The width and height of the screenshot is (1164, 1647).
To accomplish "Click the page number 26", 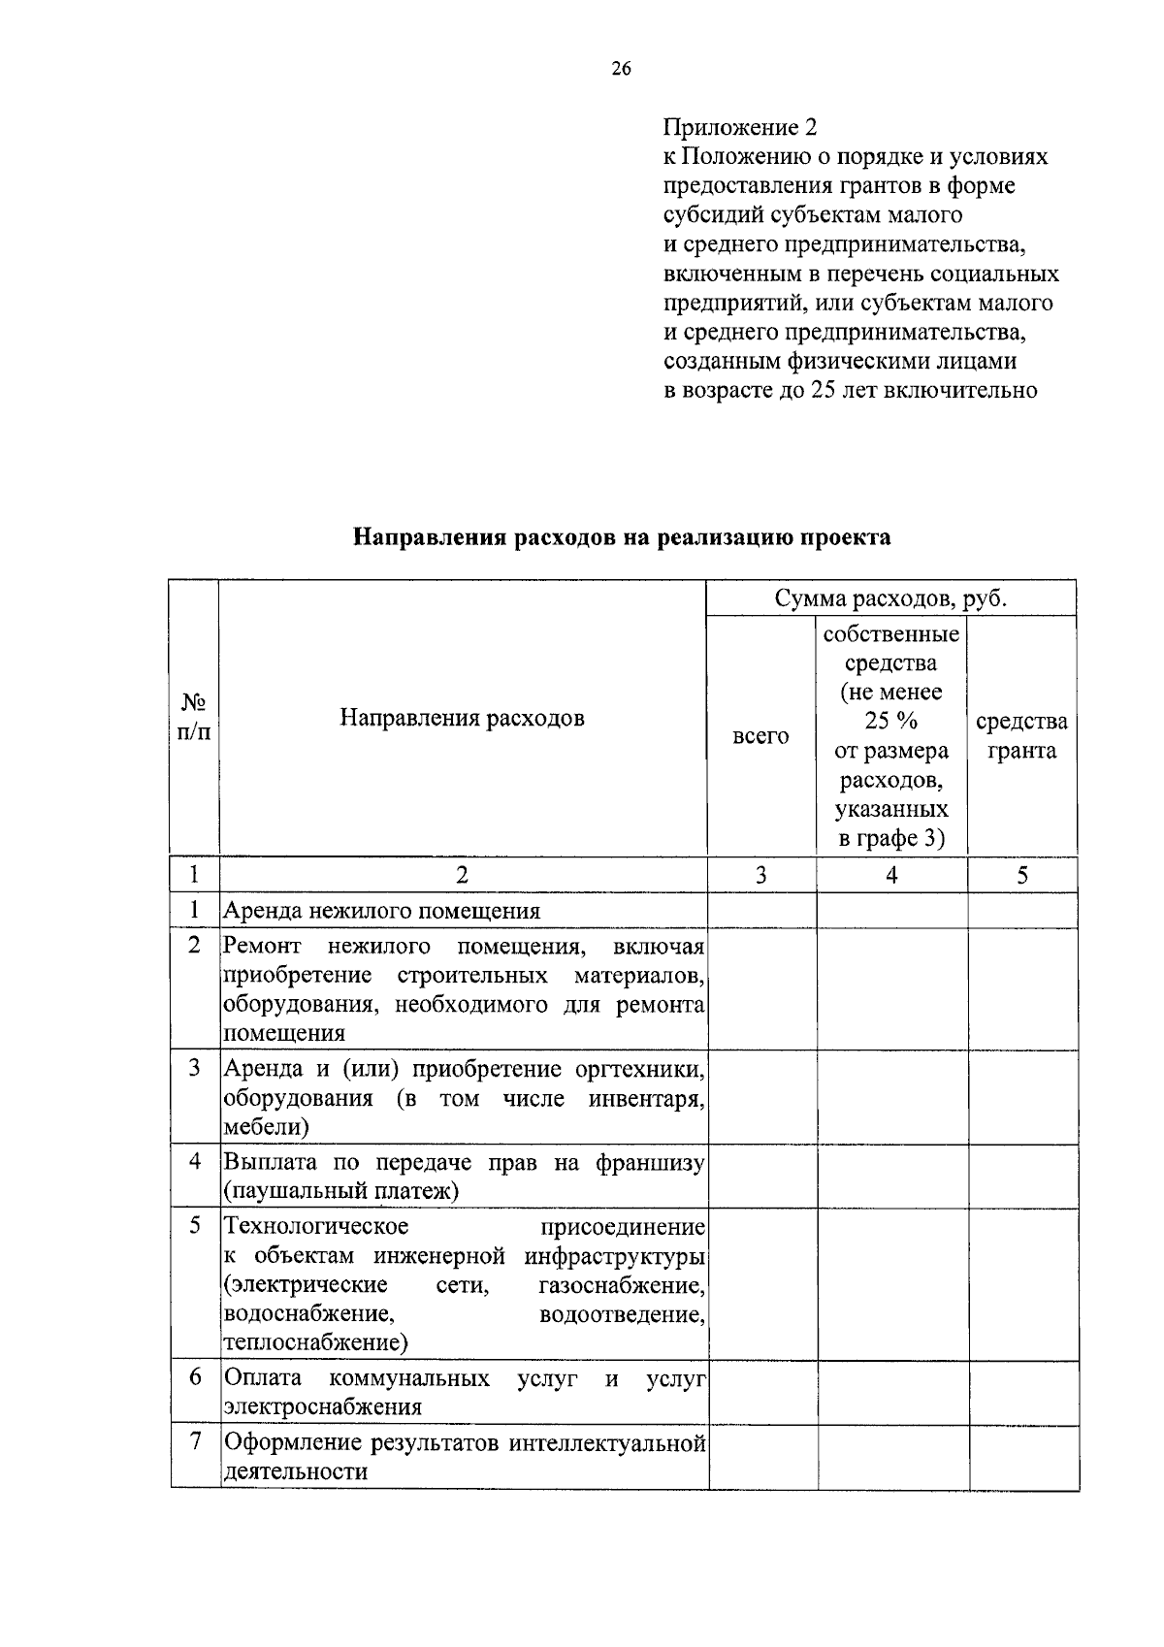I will (621, 69).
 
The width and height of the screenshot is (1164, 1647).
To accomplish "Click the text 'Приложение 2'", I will (740, 128).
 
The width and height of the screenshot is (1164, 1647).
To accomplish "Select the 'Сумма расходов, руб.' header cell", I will (890, 598).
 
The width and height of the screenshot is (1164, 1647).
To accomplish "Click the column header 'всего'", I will (760, 736).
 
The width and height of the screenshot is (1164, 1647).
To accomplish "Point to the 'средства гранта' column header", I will (1021, 736).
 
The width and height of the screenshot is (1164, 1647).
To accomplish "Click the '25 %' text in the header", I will (890, 722).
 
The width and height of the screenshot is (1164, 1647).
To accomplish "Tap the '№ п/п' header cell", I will (194, 718).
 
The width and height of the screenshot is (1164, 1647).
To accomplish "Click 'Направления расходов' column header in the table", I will (462, 718).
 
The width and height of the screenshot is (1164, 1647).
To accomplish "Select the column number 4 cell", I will (891, 875).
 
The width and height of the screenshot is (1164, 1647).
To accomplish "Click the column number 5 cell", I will (1022, 875).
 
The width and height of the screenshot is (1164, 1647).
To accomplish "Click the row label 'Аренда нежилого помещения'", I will (382, 911).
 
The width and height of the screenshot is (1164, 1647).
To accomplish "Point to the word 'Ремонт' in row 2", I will (262, 946).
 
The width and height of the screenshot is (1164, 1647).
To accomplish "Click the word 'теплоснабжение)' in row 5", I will (316, 1342).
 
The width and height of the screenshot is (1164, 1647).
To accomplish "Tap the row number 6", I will (195, 1376).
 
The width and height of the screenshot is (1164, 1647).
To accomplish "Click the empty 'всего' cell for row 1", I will (761, 911).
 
